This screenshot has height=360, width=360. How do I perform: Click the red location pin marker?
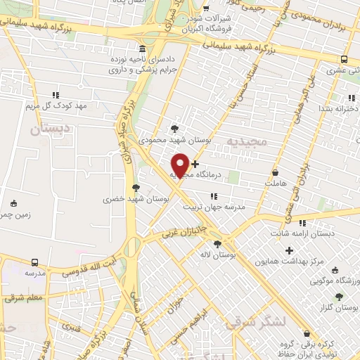click(x=180, y=165)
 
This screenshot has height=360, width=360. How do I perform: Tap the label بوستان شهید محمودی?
click(x=167, y=141)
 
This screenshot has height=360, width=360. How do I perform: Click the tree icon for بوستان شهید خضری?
click(x=135, y=188)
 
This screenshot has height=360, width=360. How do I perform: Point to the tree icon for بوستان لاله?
click(x=217, y=244)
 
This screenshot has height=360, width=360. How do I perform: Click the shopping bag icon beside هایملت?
click(x=274, y=172)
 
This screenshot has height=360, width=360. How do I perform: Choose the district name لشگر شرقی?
click(x=257, y=321)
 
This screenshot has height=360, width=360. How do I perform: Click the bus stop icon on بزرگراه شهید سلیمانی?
click(x=344, y=59)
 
